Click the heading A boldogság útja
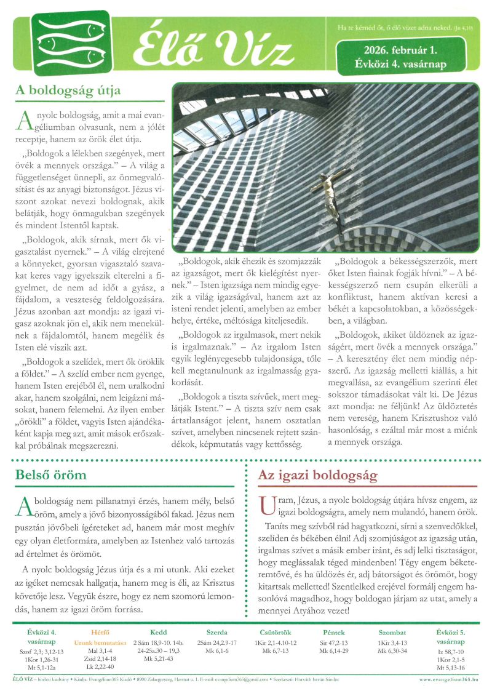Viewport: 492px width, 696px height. click(x=68, y=90)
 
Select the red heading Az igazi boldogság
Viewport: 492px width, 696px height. click(x=317, y=476)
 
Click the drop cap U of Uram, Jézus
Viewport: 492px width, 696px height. click(x=266, y=506)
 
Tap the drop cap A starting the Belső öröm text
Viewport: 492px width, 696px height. click(x=24, y=506)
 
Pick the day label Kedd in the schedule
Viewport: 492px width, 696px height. click(x=159, y=632)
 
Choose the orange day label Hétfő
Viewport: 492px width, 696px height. click(x=100, y=632)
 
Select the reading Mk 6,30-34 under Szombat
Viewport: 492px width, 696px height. click(x=392, y=650)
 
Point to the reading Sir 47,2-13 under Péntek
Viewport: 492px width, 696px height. click(x=334, y=642)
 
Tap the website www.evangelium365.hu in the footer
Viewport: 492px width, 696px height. click(x=450, y=679)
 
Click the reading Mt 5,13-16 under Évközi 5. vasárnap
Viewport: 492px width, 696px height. click(x=450, y=667)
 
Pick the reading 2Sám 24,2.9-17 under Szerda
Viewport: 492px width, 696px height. click(x=216, y=642)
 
